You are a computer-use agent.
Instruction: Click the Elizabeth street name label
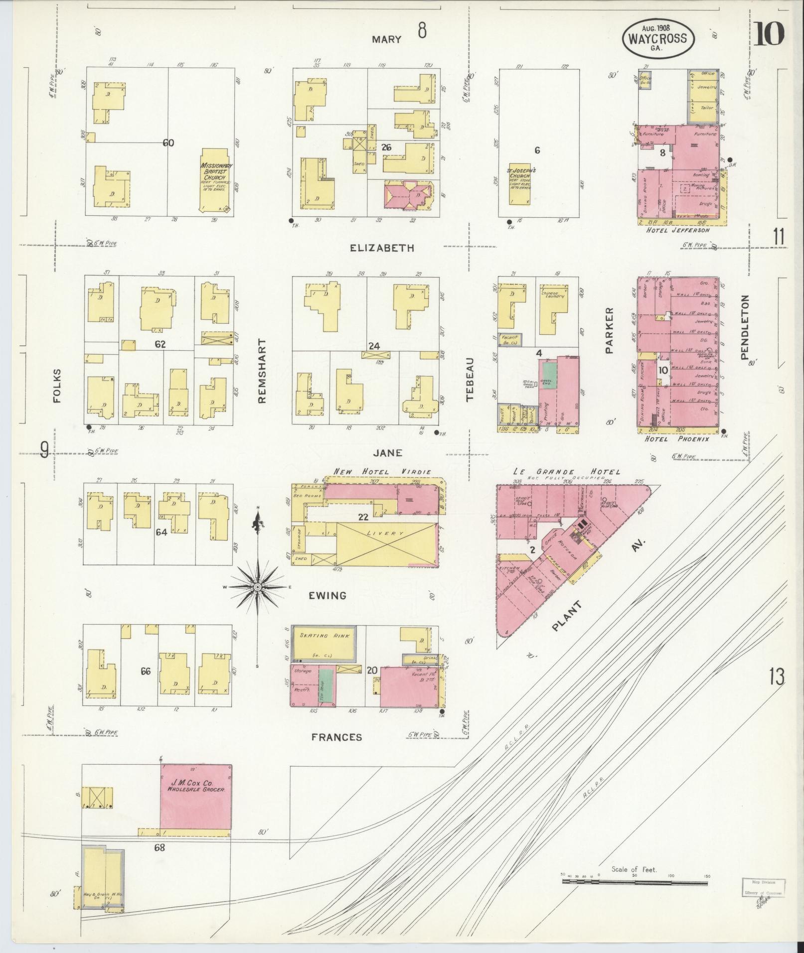coord(382,248)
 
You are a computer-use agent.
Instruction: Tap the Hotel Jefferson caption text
coord(677,231)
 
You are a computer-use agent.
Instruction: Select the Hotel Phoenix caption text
coord(676,439)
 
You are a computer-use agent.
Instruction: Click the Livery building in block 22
coord(387,545)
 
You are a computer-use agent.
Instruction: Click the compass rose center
coord(257,587)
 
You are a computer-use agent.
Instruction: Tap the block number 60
coord(168,143)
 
